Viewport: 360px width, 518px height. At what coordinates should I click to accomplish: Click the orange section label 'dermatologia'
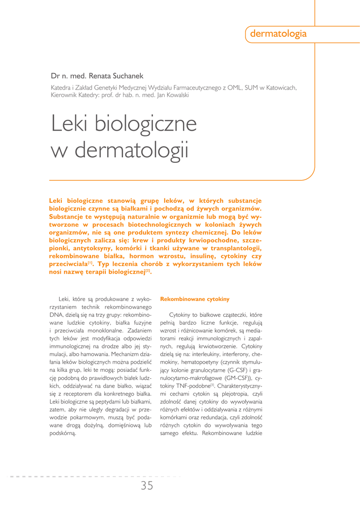278,34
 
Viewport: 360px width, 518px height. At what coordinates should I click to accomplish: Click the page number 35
147,486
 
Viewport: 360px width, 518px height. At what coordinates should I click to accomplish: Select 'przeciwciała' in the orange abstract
68,264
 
